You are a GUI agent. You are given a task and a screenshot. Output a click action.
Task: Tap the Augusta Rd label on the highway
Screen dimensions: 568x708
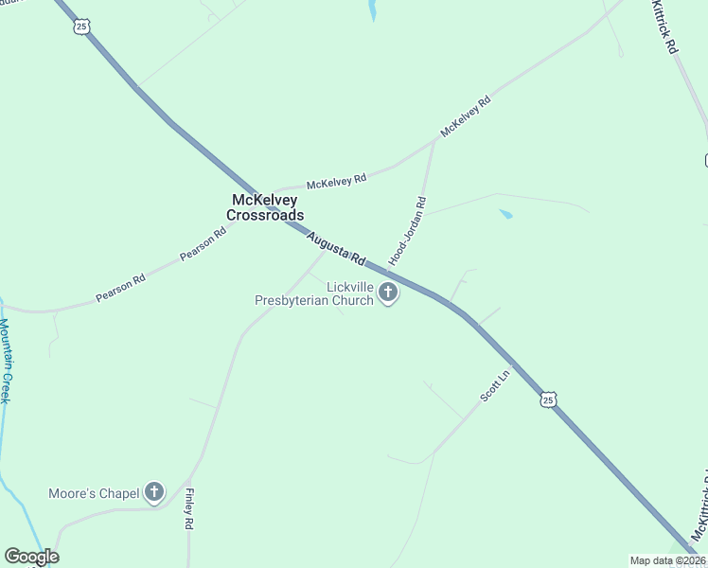pyautogui.click(x=336, y=248)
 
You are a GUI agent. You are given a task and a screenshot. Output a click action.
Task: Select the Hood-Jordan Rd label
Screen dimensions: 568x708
pyautogui.click(x=409, y=230)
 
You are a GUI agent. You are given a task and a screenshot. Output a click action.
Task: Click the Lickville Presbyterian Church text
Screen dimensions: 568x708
pyautogui.click(x=314, y=293)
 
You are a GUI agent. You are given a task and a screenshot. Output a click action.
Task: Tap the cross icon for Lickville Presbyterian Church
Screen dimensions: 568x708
pyautogui.click(x=387, y=293)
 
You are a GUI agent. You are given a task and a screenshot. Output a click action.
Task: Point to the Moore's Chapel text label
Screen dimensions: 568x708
pyautogui.click(x=93, y=493)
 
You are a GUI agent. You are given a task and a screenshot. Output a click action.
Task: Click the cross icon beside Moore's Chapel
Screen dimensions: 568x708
pyautogui.click(x=154, y=492)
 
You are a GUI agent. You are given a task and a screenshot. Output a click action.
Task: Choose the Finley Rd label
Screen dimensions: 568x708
pyautogui.click(x=189, y=509)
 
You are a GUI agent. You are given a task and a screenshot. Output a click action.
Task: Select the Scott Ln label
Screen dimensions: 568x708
pyautogui.click(x=495, y=386)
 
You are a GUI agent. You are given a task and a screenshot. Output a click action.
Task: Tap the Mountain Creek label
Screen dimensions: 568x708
pyautogui.click(x=5, y=361)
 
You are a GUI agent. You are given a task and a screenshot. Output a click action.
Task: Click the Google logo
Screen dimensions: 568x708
pyautogui.click(x=31, y=557)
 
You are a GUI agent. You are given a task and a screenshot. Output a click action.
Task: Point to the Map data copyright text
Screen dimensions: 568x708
pyautogui.click(x=667, y=560)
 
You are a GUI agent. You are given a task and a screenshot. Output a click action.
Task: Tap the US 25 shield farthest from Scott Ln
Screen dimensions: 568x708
pyautogui.click(x=81, y=27)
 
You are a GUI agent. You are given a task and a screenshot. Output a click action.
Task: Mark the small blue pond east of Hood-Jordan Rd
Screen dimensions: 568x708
pyautogui.click(x=505, y=215)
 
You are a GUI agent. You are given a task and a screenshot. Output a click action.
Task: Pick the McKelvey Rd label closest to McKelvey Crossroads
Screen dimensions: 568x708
pyautogui.click(x=336, y=180)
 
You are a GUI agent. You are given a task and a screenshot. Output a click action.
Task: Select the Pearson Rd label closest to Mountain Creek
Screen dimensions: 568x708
pyautogui.click(x=120, y=290)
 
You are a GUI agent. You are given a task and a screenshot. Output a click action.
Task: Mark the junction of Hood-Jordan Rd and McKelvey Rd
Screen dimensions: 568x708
pyautogui.click(x=434, y=140)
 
